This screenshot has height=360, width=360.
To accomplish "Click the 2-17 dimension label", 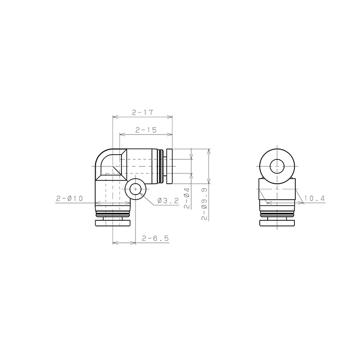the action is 142,112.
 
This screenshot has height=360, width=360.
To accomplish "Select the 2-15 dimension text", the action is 146,130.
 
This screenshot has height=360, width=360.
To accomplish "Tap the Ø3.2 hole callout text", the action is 168,201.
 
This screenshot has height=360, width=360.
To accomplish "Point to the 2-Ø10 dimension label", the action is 69,198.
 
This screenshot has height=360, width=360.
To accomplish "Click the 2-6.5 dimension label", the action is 156,238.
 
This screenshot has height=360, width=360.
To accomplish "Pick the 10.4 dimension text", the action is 315,198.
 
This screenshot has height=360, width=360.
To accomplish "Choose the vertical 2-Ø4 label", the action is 187,198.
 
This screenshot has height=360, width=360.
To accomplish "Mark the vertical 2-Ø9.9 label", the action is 204,204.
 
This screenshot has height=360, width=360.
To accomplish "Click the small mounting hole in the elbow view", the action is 135,189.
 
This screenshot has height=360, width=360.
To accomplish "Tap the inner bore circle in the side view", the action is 277,166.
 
